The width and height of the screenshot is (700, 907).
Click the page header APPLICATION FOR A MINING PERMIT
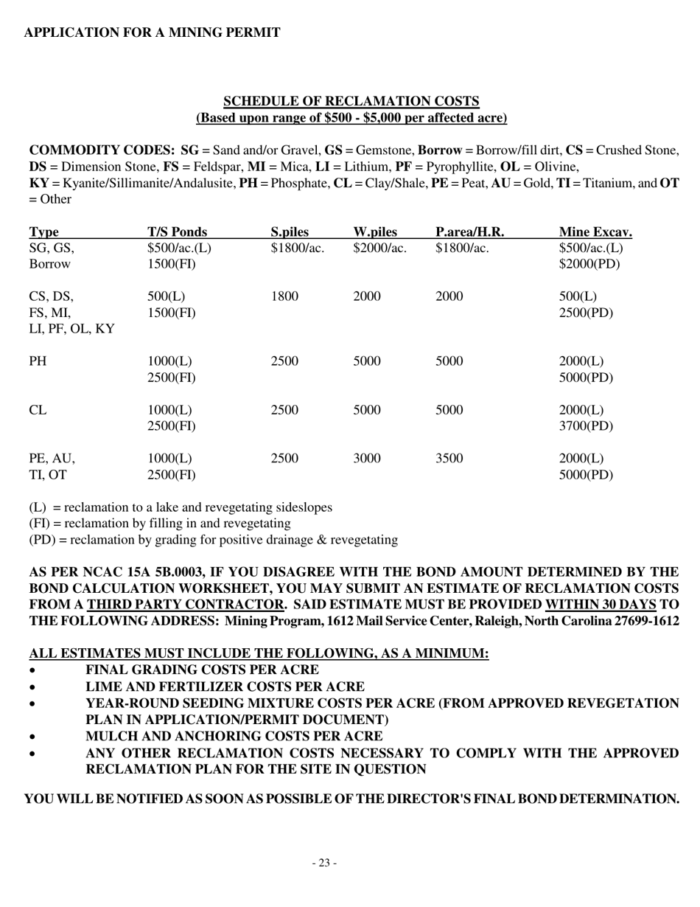152,32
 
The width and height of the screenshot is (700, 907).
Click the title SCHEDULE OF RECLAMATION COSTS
351,101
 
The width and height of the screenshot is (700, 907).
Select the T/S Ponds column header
178,232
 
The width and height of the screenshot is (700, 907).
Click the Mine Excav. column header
595,232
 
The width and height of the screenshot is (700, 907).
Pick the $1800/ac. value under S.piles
297,249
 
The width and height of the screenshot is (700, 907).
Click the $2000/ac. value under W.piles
379,249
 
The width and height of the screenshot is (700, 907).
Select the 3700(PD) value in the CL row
587,426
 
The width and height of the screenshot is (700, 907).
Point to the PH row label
38,361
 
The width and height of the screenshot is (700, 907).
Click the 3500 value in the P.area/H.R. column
449,459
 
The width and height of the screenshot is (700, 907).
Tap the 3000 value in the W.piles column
367,459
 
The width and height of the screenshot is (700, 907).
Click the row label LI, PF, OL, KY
71,329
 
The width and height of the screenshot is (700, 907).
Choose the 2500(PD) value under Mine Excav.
587,313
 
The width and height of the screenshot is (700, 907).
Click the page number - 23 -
324,863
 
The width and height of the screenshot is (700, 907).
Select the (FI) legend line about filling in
160,524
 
